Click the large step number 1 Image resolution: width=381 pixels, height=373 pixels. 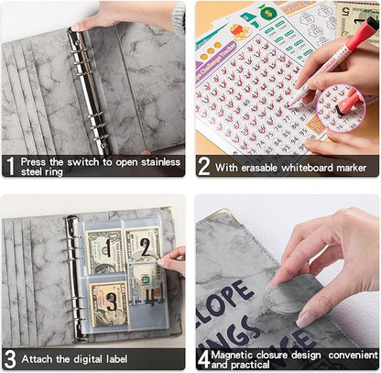[10, 166]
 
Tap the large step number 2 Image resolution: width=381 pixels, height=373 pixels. [203, 166]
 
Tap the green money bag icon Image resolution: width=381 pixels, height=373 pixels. [267, 12]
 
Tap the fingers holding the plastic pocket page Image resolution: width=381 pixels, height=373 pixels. [173, 261]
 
